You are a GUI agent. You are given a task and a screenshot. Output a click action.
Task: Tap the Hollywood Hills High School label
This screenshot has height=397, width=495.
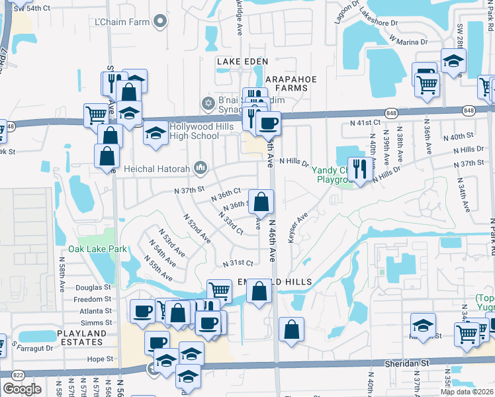click(x=194, y=131)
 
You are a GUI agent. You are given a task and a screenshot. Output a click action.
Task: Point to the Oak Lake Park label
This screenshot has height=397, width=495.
click(x=98, y=250)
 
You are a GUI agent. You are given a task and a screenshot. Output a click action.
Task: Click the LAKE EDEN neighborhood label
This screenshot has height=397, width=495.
click(x=242, y=62)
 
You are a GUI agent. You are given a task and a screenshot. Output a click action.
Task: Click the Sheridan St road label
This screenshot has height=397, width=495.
click(x=408, y=364)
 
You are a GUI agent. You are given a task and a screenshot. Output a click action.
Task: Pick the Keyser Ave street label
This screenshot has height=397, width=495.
click(x=298, y=227)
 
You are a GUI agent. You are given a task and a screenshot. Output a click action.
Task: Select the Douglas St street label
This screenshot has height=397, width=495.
click(x=93, y=288)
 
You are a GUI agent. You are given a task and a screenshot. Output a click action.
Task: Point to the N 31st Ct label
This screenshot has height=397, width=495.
click(x=238, y=263)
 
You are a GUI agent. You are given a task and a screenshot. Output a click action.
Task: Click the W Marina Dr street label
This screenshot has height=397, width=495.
click(x=409, y=41)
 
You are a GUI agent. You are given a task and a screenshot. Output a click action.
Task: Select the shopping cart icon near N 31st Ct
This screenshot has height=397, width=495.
click(x=218, y=290)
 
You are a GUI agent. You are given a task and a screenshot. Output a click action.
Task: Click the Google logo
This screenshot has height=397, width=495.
click(x=22, y=389)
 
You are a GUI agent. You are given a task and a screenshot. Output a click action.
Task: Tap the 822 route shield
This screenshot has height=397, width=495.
click(x=18, y=375)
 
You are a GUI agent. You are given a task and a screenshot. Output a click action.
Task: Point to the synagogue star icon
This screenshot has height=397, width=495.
click(x=207, y=104)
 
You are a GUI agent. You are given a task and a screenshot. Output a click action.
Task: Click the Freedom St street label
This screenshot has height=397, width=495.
click(x=93, y=299)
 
